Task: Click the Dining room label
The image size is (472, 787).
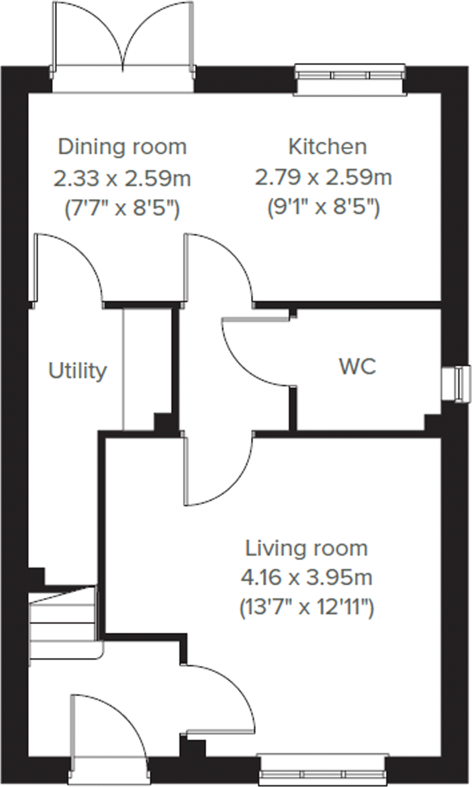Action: [122, 147]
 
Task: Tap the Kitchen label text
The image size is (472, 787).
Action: [327, 147]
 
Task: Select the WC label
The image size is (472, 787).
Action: [357, 366]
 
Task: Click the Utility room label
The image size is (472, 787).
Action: [78, 371]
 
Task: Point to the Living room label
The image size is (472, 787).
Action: [306, 548]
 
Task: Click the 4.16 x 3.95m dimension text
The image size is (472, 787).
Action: [306, 577]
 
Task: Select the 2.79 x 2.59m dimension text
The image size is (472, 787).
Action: [323, 177]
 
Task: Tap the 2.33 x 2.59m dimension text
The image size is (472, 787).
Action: [122, 178]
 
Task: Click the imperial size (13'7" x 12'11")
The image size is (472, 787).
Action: [306, 608]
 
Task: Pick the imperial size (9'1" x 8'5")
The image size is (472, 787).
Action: [323, 208]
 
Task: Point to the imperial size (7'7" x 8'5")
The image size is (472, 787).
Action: [122, 209]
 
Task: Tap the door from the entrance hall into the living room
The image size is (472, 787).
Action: [220, 696]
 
